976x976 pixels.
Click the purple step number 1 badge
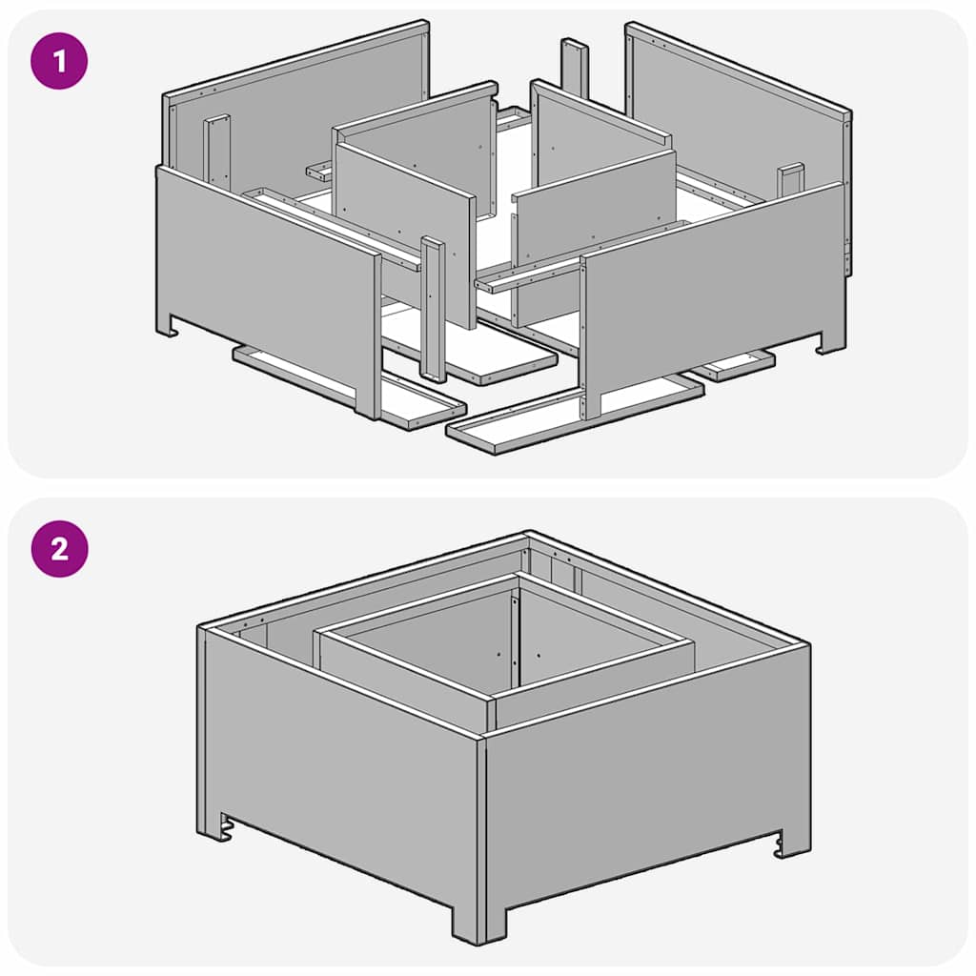point(59,61)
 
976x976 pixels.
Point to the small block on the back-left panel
point(216,150)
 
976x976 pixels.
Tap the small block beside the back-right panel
point(790,180)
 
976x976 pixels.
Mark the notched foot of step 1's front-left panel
point(169,327)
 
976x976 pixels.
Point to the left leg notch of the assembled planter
point(226,823)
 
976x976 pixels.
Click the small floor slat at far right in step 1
point(734,366)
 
